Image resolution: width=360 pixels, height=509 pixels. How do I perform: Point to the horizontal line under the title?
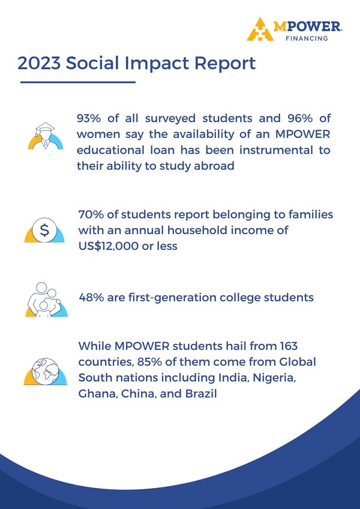coord(78,82)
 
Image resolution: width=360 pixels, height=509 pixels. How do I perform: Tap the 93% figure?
coord(89,118)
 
